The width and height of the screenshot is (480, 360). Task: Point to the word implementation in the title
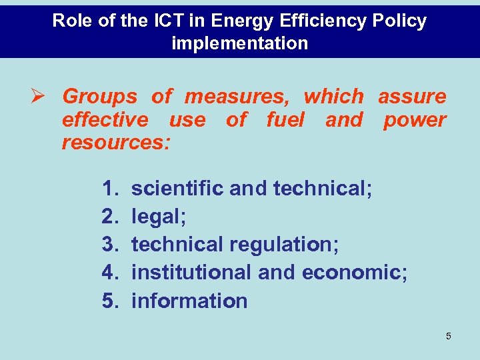(240, 43)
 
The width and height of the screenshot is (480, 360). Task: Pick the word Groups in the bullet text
(100, 97)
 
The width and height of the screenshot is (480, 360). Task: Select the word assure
(412, 97)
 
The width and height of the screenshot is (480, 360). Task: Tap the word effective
(105, 120)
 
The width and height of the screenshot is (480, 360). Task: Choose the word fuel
(285, 120)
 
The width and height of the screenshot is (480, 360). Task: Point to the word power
(415, 120)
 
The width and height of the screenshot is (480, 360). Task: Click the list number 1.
(110, 189)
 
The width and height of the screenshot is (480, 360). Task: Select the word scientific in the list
(177, 189)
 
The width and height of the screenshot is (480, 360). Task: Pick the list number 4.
(110, 273)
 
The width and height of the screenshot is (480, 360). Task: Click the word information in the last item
(189, 301)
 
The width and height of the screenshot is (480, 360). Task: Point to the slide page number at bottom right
(448, 336)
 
